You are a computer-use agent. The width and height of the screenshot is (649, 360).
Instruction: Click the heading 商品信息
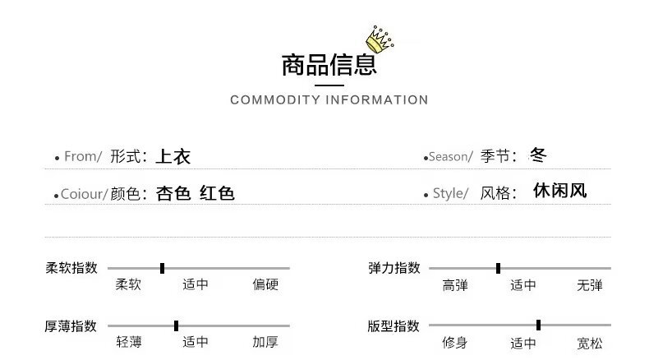[328, 64]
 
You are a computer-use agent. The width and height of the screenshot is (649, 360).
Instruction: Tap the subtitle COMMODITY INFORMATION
[329, 100]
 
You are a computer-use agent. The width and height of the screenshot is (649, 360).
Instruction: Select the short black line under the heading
[329, 85]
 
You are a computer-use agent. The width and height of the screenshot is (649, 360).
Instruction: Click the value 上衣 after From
[173, 156]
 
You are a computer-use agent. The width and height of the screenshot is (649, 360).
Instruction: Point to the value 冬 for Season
[538, 155]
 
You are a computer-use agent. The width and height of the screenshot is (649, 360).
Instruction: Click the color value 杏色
[173, 194]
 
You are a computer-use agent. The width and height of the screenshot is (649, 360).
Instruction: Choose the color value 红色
[217, 194]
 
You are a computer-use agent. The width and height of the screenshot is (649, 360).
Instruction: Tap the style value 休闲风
[559, 192]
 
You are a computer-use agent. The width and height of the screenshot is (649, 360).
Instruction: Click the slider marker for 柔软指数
[163, 268]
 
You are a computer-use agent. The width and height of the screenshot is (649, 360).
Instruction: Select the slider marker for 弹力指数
[499, 268]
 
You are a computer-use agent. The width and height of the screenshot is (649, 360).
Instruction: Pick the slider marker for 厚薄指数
[177, 325]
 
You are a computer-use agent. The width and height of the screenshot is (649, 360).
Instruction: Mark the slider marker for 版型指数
[538, 325]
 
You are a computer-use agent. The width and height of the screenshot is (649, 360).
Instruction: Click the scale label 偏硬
[265, 285]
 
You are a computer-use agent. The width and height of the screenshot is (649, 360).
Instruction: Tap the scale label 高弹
[455, 285]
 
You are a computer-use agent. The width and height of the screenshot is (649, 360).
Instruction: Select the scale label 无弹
[589, 285]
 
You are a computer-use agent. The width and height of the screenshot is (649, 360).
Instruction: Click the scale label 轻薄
[129, 343]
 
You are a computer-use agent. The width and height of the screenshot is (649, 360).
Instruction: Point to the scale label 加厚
[265, 343]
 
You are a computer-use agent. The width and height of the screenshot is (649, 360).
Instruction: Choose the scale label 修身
[455, 343]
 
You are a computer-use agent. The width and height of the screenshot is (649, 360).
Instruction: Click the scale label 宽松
[589, 343]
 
